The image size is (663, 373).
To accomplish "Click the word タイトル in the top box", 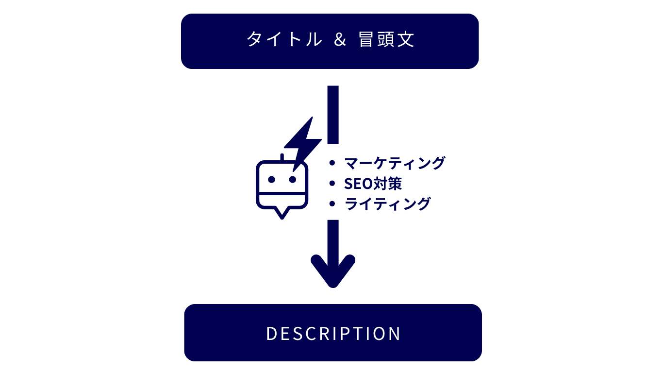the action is pyautogui.click(x=284, y=39).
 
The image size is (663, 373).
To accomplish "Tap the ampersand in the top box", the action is pyautogui.click(x=340, y=39).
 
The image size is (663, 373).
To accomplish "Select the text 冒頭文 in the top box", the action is pyautogui.click(x=386, y=39).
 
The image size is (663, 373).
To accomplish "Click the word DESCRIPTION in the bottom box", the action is pyautogui.click(x=333, y=334).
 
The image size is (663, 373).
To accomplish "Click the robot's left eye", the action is pyautogui.click(x=271, y=179).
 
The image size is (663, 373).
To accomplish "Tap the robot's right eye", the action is pyautogui.click(x=293, y=179).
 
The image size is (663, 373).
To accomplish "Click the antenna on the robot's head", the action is pyautogui.click(x=282, y=157).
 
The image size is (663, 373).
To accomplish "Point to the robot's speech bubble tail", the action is pyautogui.click(x=282, y=213).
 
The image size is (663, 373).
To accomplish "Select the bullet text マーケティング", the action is pyautogui.click(x=395, y=163).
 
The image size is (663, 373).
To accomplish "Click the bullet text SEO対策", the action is pyautogui.click(x=373, y=184).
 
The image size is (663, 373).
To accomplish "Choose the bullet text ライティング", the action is pyautogui.click(x=387, y=204).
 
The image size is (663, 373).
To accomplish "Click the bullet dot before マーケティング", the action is pyautogui.click(x=332, y=163).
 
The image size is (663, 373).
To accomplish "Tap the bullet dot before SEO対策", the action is pyautogui.click(x=332, y=184).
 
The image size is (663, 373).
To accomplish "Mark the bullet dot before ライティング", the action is pyautogui.click(x=332, y=204).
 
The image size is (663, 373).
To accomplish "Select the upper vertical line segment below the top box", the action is pyautogui.click(x=333, y=115).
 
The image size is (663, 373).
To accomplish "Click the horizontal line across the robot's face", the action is pyautogui.click(x=282, y=193).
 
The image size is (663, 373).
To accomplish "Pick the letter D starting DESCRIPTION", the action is pyautogui.click(x=271, y=334).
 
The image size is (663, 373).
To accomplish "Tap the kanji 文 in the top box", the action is pyautogui.click(x=405, y=39).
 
